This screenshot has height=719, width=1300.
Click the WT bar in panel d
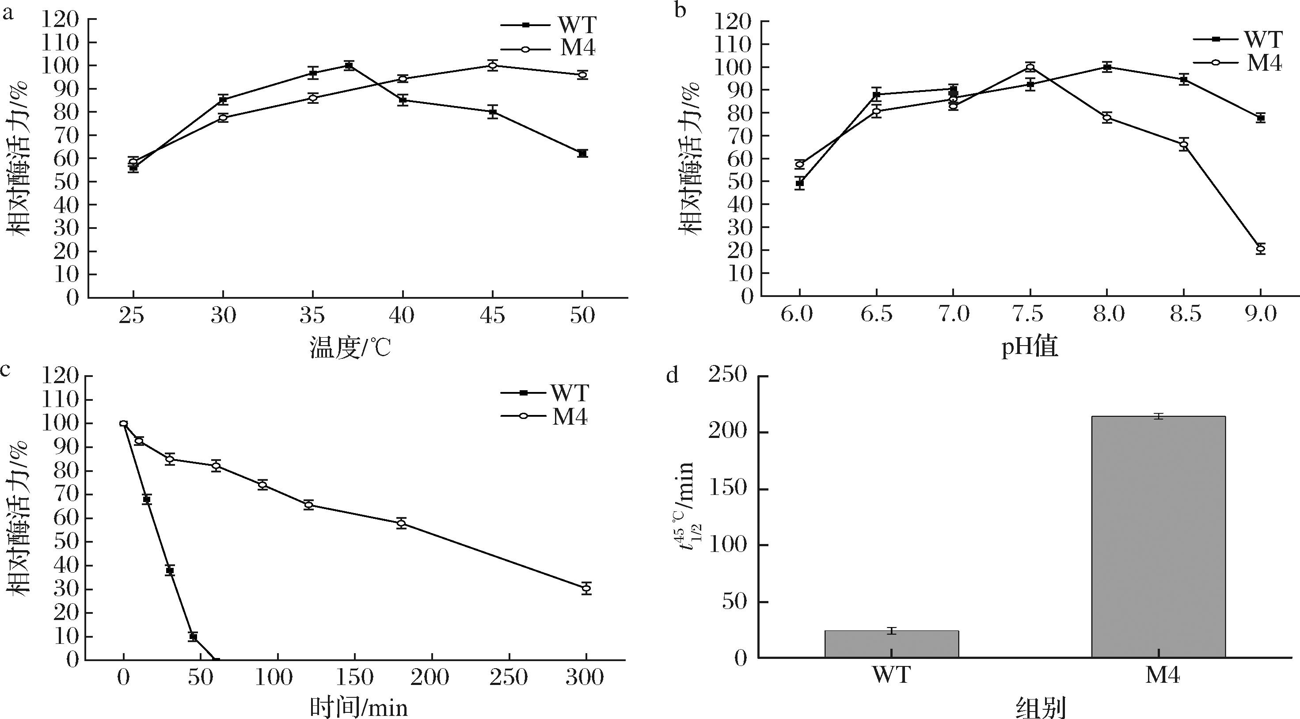(x=891, y=644)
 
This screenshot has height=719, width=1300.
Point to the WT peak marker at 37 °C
(x=349, y=65)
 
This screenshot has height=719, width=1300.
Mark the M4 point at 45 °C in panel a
(x=493, y=65)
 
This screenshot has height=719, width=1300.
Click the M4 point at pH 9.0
(x=1261, y=249)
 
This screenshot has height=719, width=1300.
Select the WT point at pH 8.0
(x=1107, y=67)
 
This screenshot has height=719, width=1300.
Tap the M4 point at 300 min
(x=586, y=588)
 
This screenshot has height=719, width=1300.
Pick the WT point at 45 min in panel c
(x=193, y=636)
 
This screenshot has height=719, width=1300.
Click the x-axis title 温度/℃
(x=351, y=348)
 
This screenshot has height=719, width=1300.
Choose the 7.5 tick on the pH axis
(x=1030, y=315)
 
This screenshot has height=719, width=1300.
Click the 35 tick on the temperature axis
(x=312, y=316)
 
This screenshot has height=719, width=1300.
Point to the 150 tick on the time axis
(x=354, y=677)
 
